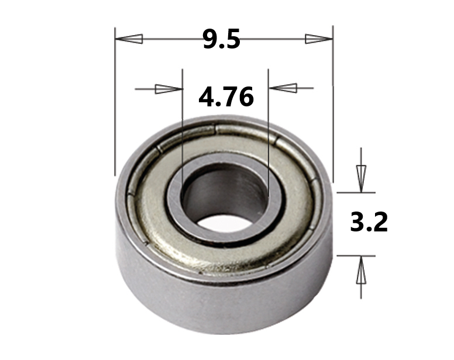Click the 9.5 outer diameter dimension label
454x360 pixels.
pyautogui.click(x=222, y=39)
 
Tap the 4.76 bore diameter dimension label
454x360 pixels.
pyautogui.click(x=226, y=97)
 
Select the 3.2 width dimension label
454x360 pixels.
pyautogui.click(x=369, y=221)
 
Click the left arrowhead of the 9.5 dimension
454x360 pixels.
pyautogui.click(x=129, y=39)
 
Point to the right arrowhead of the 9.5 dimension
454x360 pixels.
pyautogui.click(x=319, y=39)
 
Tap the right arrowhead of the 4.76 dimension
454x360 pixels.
pyautogui.click(x=283, y=88)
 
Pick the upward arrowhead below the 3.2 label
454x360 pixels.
pyautogui.click(x=361, y=270)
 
